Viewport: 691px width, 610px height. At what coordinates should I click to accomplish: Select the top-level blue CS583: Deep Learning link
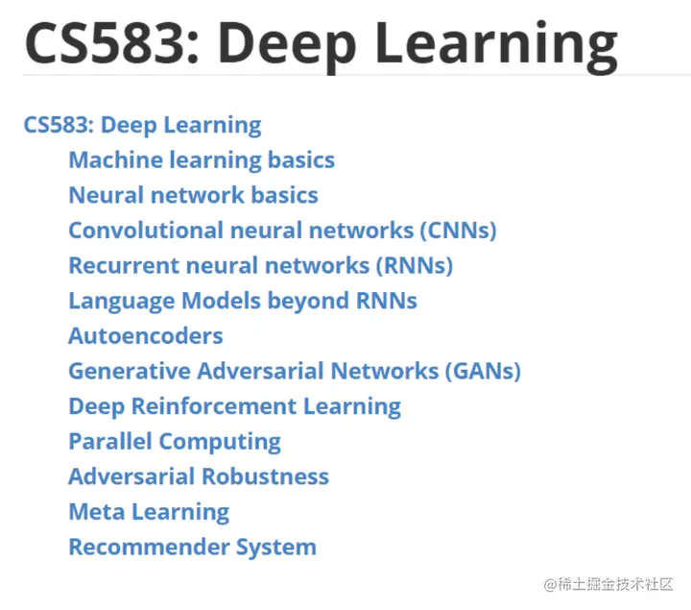click(x=142, y=125)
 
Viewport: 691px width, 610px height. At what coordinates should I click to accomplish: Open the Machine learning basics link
click(x=202, y=159)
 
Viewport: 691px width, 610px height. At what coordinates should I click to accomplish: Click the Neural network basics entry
click(x=193, y=195)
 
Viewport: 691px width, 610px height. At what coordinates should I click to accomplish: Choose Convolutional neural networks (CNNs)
click(x=282, y=231)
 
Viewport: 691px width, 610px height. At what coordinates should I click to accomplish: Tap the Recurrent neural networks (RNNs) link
click(x=260, y=265)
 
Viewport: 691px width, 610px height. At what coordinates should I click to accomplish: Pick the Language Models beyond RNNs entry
click(x=243, y=301)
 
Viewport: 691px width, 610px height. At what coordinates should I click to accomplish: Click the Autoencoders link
click(x=146, y=336)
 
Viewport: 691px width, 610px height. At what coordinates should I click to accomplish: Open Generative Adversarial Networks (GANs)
click(x=295, y=371)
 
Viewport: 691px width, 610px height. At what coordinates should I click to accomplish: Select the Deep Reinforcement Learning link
click(x=234, y=406)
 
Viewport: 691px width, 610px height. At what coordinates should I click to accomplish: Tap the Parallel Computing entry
click(x=175, y=442)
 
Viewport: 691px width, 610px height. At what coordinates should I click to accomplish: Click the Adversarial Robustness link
click(x=199, y=476)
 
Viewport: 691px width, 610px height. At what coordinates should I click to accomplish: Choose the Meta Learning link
click(x=149, y=512)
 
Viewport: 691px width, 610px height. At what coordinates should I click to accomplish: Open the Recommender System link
click(x=192, y=548)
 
